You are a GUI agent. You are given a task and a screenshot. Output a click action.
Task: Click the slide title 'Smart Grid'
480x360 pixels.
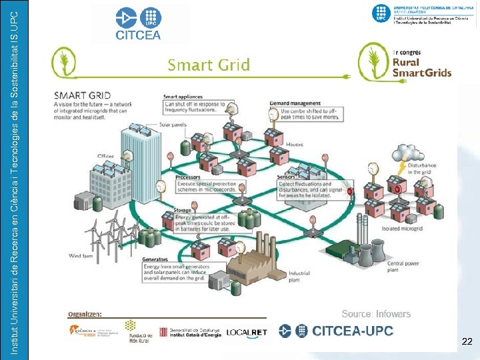click(x=209, y=65)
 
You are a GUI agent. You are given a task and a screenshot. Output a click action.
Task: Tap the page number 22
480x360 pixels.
click(x=467, y=342)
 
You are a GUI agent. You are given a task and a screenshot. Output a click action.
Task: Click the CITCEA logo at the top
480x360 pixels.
click(x=139, y=25)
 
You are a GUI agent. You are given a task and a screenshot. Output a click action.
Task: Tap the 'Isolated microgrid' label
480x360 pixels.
click(x=403, y=228)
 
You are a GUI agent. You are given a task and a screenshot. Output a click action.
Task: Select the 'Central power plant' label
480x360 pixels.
click(x=403, y=267)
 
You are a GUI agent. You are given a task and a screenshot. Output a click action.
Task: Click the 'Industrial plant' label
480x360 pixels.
click(x=299, y=275)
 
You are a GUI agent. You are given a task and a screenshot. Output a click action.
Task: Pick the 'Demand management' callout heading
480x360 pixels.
click(x=296, y=103)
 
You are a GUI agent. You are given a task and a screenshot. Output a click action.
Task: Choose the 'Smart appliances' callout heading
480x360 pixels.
click(x=184, y=97)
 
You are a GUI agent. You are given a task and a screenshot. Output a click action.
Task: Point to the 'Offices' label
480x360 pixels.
click(x=106, y=156)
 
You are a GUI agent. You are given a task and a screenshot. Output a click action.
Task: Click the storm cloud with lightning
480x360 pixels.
click(x=403, y=155)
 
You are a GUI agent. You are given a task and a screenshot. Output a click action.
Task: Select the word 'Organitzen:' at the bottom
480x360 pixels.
click(x=85, y=313)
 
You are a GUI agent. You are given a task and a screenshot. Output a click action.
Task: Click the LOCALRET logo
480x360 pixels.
click(x=247, y=332)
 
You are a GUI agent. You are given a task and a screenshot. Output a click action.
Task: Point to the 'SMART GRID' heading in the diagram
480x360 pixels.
click(x=83, y=95)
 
